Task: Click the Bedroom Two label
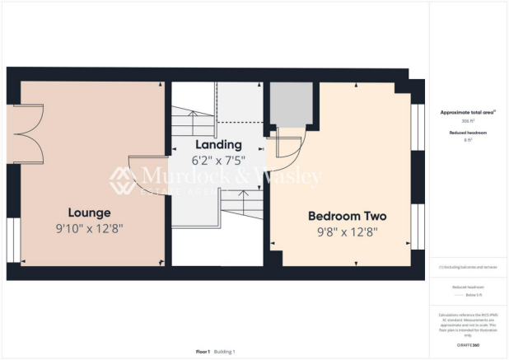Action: [347, 216]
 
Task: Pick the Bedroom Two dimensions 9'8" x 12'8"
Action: [347, 232]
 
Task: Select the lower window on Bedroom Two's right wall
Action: [416, 227]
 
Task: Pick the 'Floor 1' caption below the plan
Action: [203, 352]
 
